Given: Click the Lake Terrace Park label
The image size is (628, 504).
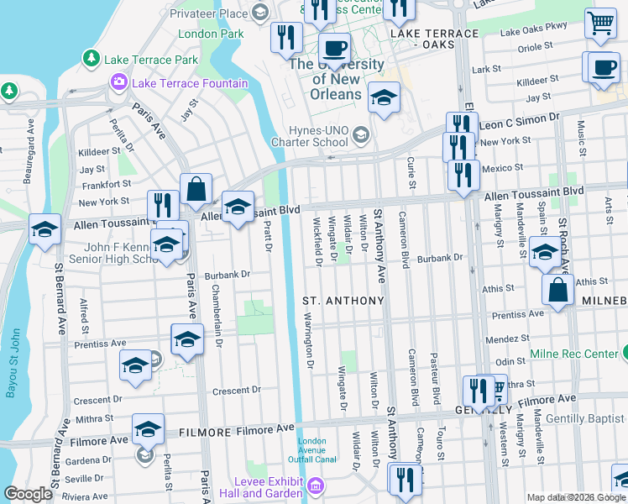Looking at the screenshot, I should (151, 60).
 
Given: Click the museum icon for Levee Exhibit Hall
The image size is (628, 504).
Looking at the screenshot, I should (316, 486).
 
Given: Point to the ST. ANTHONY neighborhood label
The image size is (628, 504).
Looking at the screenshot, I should (343, 301).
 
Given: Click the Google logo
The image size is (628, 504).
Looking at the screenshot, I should (29, 494).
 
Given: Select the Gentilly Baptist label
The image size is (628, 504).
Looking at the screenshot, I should (584, 418).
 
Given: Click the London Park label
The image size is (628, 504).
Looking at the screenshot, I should (211, 34).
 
